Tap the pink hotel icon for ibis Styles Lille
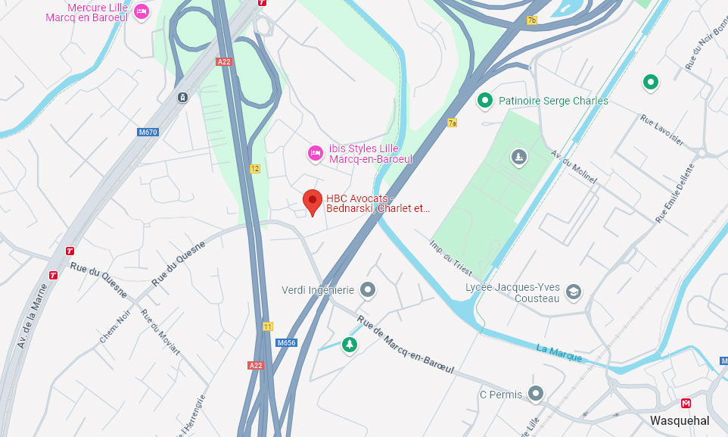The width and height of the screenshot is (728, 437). (x=316, y=154)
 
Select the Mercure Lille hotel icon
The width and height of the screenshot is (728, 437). (x=141, y=11)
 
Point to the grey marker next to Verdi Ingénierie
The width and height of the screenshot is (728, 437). (x=368, y=289)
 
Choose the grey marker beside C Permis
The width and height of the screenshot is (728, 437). (x=536, y=394)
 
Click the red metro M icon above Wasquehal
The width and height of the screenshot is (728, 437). (x=686, y=403)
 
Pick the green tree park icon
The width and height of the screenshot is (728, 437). (x=349, y=345)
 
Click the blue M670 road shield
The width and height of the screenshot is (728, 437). (x=148, y=132)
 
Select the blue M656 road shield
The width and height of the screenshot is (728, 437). (x=286, y=342)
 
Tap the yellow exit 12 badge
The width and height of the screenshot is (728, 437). (x=255, y=169)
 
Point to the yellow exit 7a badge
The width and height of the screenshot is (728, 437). (x=453, y=123)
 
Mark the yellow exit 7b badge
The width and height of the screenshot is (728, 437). (x=531, y=20)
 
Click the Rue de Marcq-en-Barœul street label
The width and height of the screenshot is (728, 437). (x=406, y=345)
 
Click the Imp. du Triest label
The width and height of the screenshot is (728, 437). (x=451, y=258)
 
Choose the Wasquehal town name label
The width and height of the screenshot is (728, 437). (x=679, y=421)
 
